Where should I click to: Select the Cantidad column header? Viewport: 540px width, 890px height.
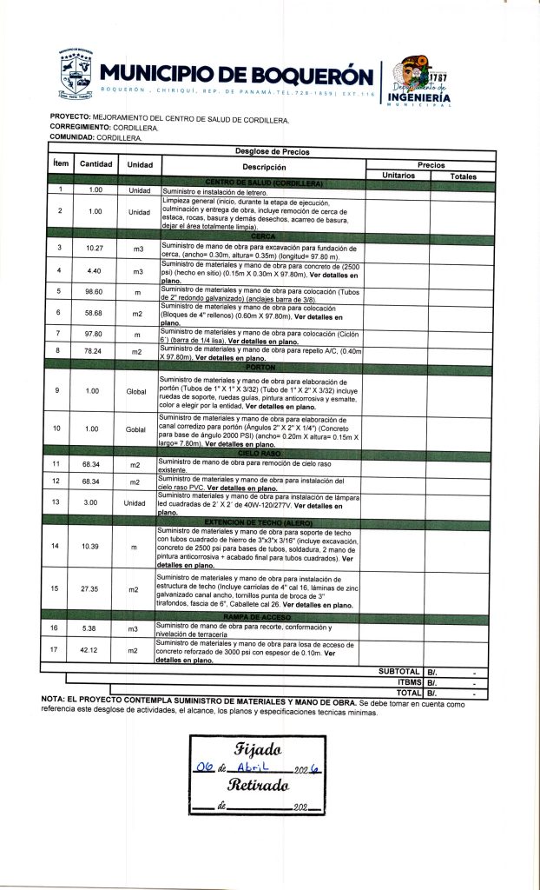pyautogui.click(x=95, y=164)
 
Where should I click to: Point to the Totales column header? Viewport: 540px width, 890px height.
pyautogui.click(x=463, y=176)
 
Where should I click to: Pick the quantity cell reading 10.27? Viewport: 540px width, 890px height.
pyautogui.click(x=95, y=249)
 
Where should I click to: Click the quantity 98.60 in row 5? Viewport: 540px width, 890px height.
pyautogui.click(x=95, y=291)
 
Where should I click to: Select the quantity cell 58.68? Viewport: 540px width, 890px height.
pyautogui.click(x=95, y=312)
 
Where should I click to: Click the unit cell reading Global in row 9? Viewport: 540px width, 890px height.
pyautogui.click(x=136, y=391)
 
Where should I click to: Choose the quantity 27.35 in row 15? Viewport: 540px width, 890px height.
pyautogui.click(x=95, y=589)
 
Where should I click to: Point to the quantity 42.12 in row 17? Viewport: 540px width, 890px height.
pyautogui.click(x=95, y=649)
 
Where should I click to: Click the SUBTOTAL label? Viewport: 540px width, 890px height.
pyautogui.click(x=399, y=672)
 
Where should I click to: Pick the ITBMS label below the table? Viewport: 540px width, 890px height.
pyautogui.click(x=408, y=683)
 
